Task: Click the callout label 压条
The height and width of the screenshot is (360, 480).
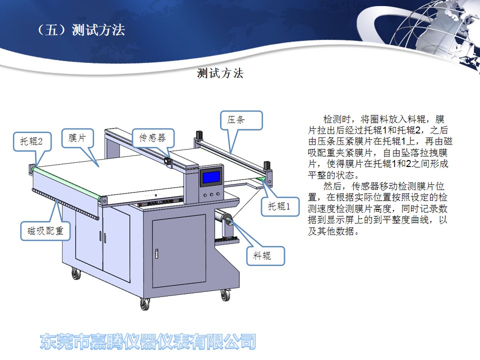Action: point(235,119)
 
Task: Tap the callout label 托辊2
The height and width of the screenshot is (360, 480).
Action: point(31,141)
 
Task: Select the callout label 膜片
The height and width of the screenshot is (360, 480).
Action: point(77,138)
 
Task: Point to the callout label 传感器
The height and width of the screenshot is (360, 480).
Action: point(152,138)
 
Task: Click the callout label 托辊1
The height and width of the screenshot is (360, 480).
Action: point(279,206)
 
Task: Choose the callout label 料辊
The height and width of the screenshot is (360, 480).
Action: point(262,255)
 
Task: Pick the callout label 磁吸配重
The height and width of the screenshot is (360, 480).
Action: point(45,230)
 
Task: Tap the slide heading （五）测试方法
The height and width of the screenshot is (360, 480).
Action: point(81,30)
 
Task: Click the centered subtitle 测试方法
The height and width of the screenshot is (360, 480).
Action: point(220,73)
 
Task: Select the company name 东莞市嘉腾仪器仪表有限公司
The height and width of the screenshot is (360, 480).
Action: point(148,341)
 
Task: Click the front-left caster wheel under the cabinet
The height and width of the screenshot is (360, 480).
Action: point(144,304)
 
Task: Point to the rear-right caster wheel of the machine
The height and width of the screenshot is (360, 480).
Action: point(225,295)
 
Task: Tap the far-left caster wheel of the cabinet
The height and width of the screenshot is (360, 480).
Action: point(76,273)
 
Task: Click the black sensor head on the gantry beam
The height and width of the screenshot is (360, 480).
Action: point(168,161)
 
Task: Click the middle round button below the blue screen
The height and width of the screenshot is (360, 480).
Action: point(211,194)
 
